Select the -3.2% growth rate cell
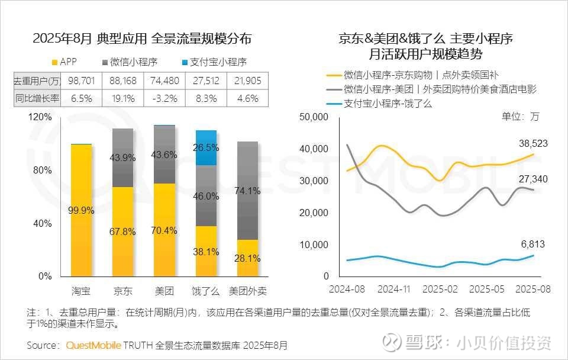point(164,98)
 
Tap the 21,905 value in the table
point(248,81)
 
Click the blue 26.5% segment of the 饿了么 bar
point(206,147)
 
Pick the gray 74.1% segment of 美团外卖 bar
point(247,191)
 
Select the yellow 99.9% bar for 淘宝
point(81,210)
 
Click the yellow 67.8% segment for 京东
point(122,232)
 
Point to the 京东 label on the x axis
point(122,291)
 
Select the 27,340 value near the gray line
point(529,179)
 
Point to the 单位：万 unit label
point(521,117)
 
